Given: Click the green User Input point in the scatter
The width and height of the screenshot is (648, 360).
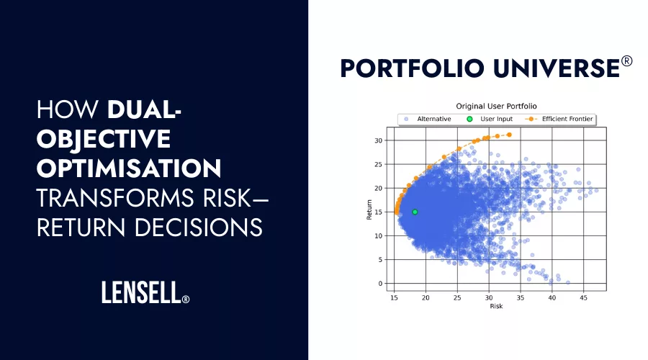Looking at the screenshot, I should [415, 212].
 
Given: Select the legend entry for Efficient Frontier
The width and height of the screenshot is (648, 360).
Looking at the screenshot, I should [563, 119].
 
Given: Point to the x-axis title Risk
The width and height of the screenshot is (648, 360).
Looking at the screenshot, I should [496, 306].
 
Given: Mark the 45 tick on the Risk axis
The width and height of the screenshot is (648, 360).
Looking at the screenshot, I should [583, 297].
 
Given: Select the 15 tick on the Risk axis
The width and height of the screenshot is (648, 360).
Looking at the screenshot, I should [395, 297].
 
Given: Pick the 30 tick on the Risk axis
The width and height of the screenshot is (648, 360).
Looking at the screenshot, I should [489, 297].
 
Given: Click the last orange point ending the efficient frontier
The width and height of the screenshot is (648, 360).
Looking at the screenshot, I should [509, 135].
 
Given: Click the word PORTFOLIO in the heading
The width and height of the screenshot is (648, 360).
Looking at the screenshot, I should [410, 68].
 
